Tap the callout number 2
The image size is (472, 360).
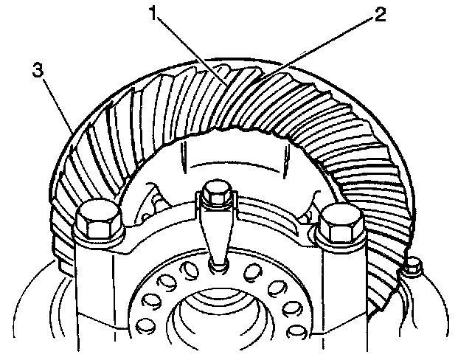point(379,15)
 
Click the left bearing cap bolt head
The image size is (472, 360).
point(100,219)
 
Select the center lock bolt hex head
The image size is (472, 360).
point(215,193)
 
